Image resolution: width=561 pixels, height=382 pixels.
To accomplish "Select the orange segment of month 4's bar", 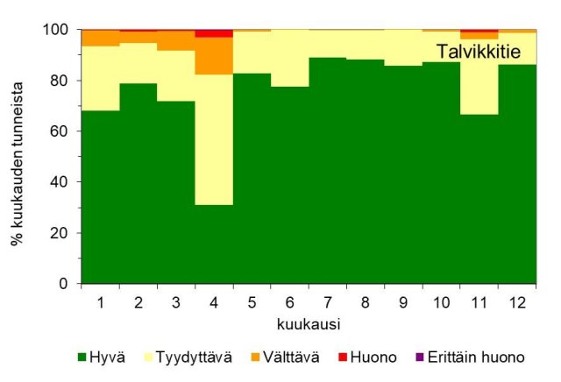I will pos(214,55).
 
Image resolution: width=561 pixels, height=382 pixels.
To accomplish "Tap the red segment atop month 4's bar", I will pos(214,33).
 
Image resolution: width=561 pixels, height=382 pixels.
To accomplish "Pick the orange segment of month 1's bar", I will pos(100,38).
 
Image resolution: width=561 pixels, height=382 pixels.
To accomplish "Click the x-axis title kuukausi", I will pos(309,324).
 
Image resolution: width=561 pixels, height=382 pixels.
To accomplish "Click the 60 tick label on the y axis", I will pos(63,131).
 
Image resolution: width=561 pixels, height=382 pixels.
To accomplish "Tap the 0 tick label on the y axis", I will pos(67,284).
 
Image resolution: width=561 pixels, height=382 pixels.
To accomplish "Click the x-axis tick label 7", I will pos(328,302).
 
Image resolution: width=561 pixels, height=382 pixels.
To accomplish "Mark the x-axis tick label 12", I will pos(517,302).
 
